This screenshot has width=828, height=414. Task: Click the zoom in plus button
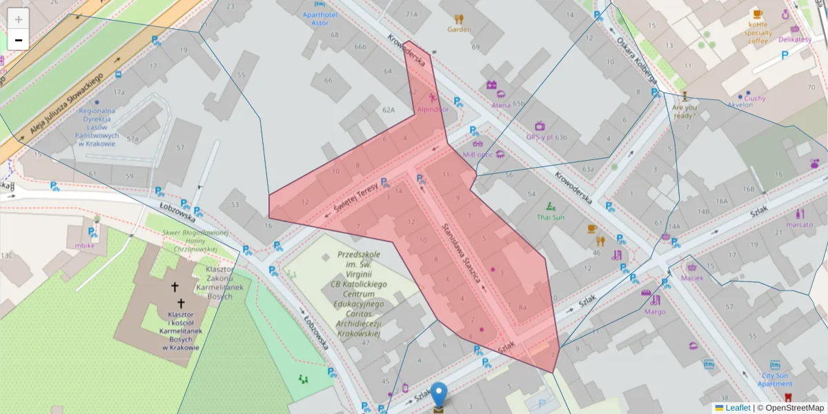pos(19,19)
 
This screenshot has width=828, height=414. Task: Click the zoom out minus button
pos(19,40)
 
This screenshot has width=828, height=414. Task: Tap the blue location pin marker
pos(439,396)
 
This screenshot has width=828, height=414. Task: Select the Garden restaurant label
pos(459,29)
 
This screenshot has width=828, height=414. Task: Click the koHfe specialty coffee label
pos(758,32)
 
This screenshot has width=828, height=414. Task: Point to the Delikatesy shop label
pos(795,39)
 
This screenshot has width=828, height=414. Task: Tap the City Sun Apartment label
pos(775,379)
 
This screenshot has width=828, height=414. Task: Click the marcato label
pos(800,224)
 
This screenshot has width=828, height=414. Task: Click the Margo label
pos(655,311)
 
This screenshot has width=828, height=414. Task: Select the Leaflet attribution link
pos(737,408)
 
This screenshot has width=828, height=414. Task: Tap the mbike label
pos(85,245)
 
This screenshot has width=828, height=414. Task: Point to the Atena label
pos(501,105)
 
